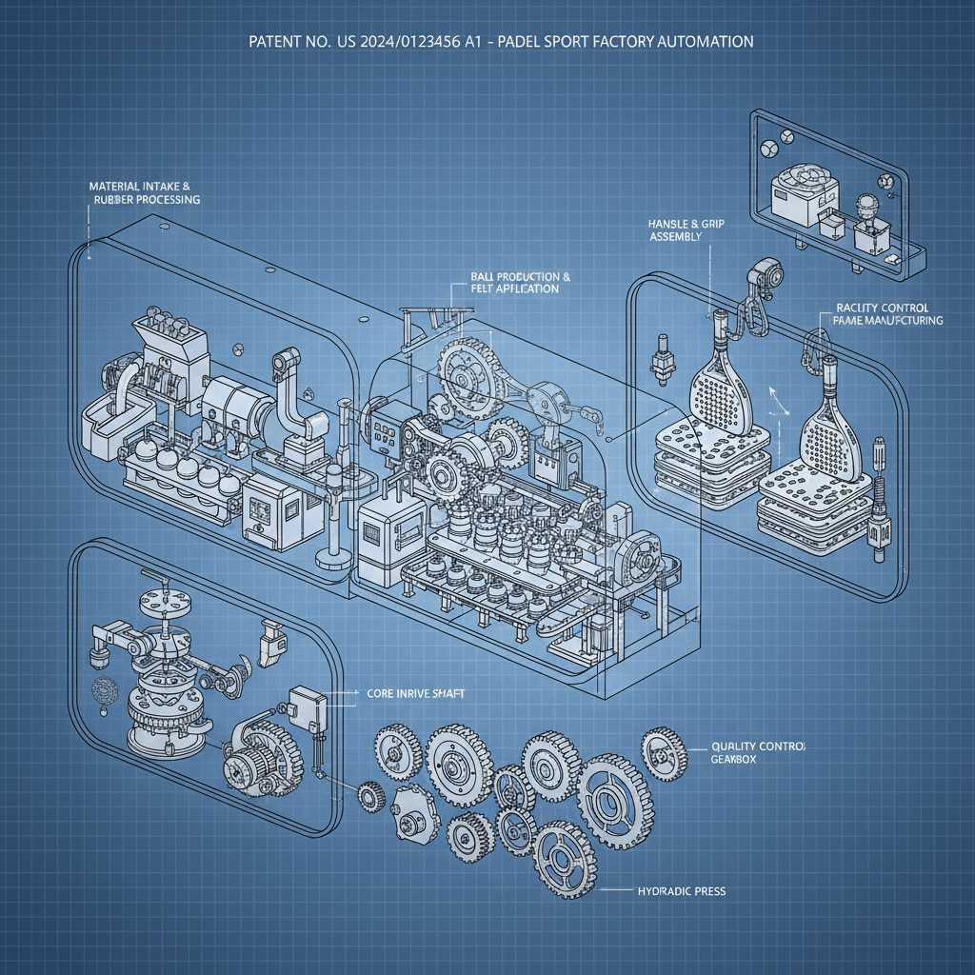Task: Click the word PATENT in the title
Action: click(277, 43)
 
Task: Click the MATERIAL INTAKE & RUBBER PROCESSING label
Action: click(144, 193)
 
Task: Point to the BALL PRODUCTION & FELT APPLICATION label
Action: click(519, 282)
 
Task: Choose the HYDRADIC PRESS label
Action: click(680, 891)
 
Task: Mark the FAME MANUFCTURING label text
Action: click(887, 321)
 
